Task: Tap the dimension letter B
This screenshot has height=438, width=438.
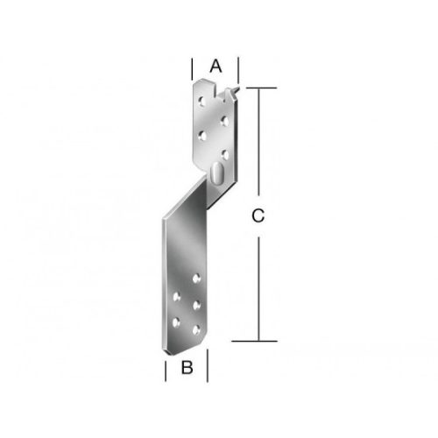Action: click(x=187, y=368)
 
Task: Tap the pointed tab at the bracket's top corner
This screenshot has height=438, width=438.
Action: click(x=233, y=90)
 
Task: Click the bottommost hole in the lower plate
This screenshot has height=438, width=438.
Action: click(x=196, y=330)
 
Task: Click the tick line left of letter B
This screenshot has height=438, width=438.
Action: click(x=166, y=368)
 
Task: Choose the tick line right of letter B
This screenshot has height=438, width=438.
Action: click(x=207, y=368)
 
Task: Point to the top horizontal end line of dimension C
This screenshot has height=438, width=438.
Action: click(x=258, y=88)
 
